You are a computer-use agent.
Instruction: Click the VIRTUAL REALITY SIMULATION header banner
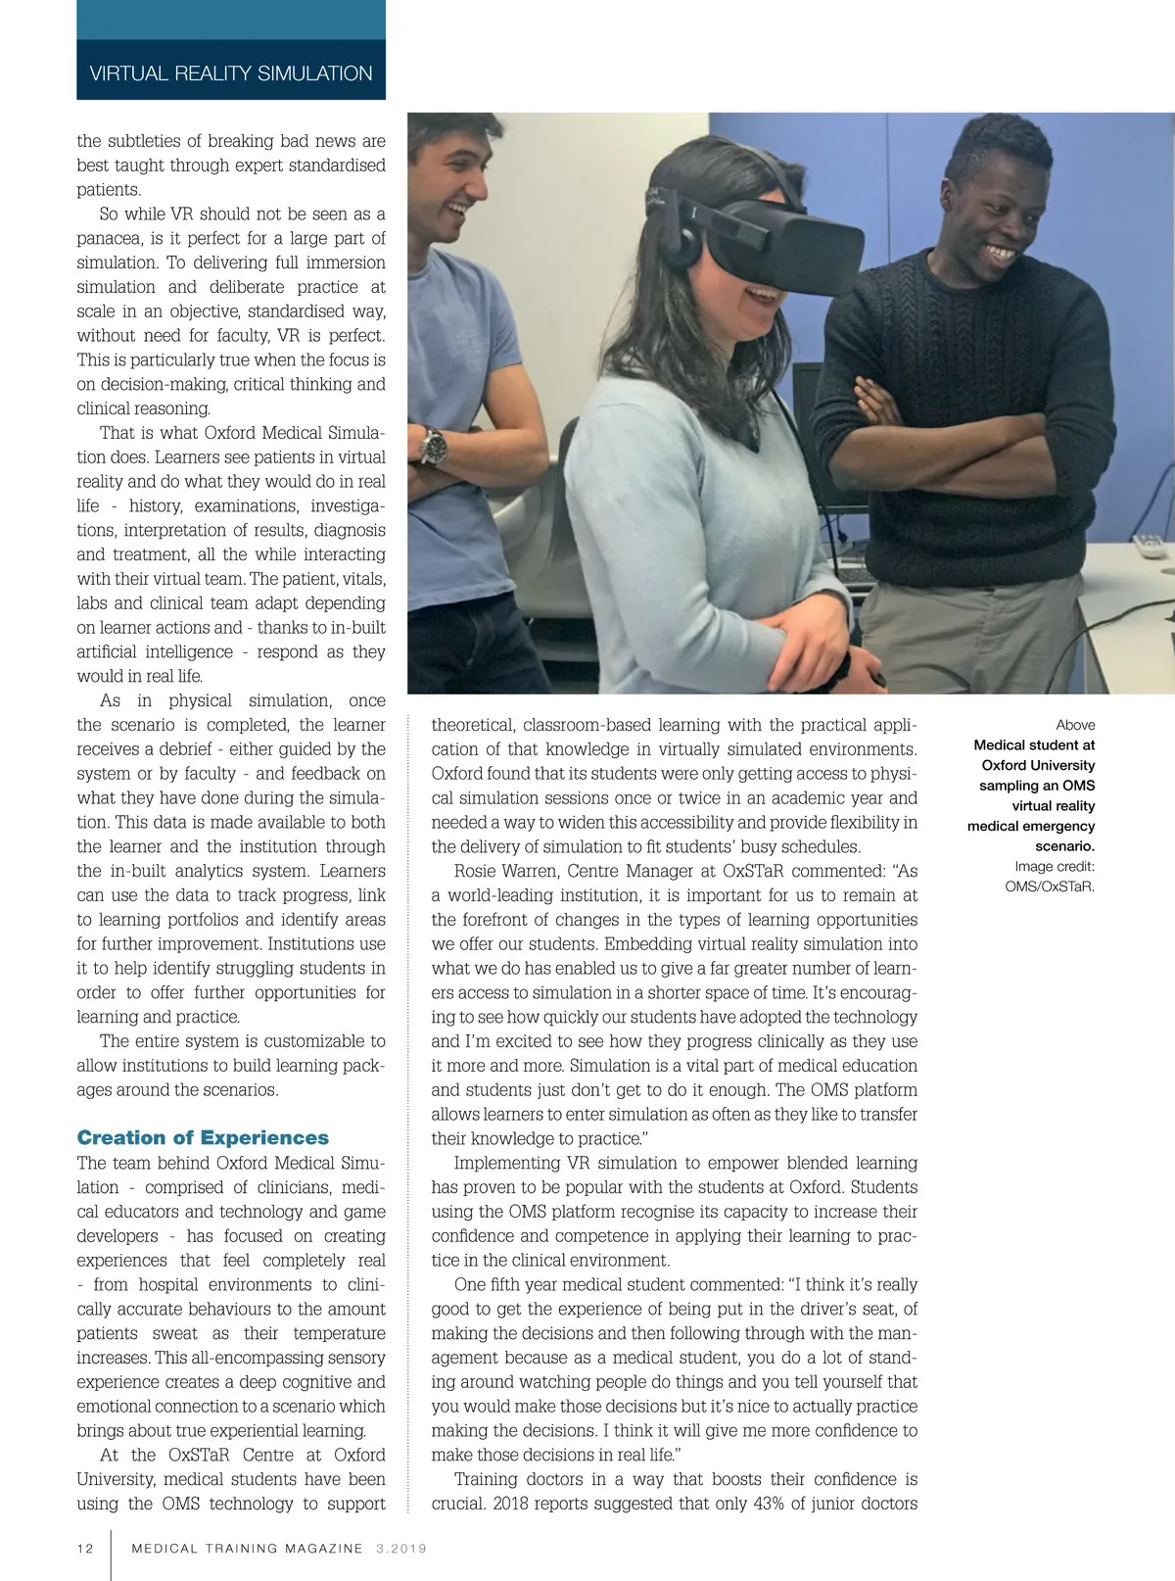231,73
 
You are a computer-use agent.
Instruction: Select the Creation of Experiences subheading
203,1137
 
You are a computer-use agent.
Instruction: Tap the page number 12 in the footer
85,1549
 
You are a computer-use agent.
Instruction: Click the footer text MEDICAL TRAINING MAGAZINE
247,1549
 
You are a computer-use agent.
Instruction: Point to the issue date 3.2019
401,1549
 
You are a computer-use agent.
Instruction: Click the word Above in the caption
1075,725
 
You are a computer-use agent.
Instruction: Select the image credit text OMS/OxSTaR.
1050,886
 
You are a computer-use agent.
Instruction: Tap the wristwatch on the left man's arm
433,446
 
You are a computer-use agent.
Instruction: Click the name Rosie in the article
477,871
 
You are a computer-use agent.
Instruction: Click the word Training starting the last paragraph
487,1479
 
